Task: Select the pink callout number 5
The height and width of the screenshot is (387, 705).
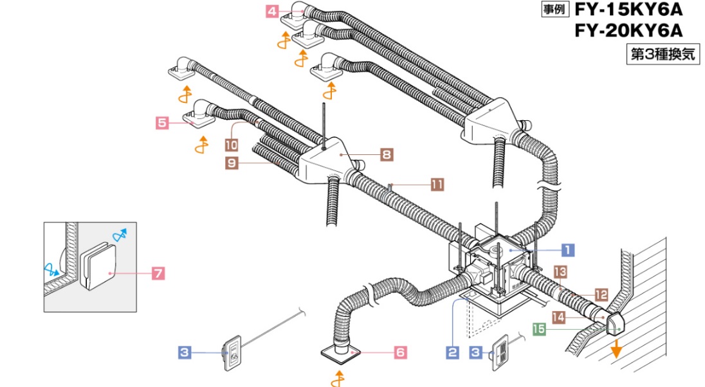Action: click(162, 121)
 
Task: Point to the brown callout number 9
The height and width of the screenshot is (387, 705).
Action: click(232, 163)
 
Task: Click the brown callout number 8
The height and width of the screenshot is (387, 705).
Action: click(387, 154)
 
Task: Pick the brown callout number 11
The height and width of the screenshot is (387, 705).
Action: click(437, 184)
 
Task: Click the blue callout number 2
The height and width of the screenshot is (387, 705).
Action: click(453, 352)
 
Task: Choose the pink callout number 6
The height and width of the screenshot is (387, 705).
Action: click(399, 352)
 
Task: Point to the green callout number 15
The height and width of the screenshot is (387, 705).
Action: click(539, 330)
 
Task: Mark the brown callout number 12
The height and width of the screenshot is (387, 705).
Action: click(601, 294)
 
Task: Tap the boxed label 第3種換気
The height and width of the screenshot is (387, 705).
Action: click(663, 55)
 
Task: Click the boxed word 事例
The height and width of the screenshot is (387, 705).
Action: click(554, 10)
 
